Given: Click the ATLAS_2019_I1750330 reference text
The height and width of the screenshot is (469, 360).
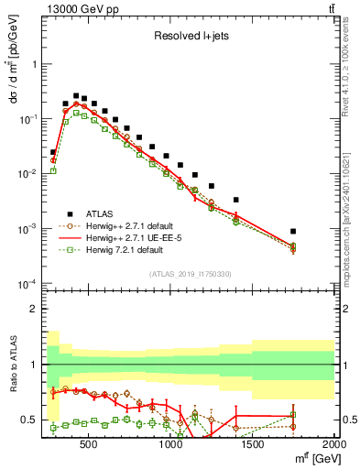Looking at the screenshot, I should coord(190,273).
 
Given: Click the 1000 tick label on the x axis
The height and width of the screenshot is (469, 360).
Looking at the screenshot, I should coord(171,449).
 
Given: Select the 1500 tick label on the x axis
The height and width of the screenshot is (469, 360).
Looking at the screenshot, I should coord(253,449).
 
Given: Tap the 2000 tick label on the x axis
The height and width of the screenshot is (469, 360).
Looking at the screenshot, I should coord(333,449).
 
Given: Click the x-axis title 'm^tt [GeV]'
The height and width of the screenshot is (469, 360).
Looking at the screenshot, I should coord(311,461).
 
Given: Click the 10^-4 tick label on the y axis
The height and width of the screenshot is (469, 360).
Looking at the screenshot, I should coord(27,282).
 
